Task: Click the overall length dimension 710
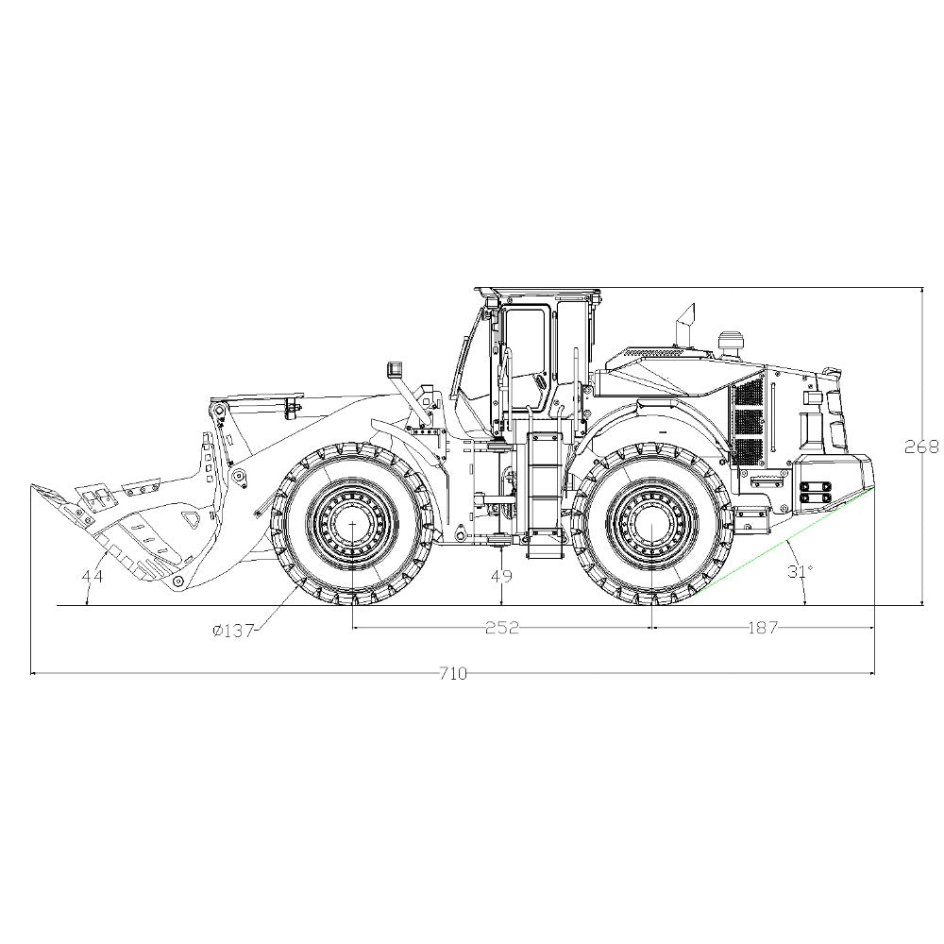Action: [453, 674]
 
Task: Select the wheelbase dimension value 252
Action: [501, 628]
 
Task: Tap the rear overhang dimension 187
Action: [763, 628]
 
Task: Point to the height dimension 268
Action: [921, 447]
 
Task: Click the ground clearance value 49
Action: [501, 576]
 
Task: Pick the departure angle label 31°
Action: [801, 571]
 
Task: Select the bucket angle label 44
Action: [93, 576]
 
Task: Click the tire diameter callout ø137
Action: [233, 631]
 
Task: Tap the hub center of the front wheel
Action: [352, 524]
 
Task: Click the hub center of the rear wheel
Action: [652, 524]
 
